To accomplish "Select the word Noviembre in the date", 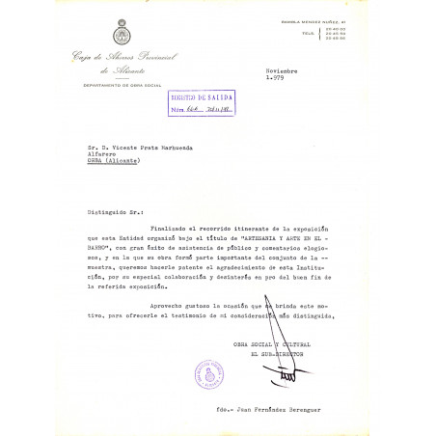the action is point(284,71).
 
